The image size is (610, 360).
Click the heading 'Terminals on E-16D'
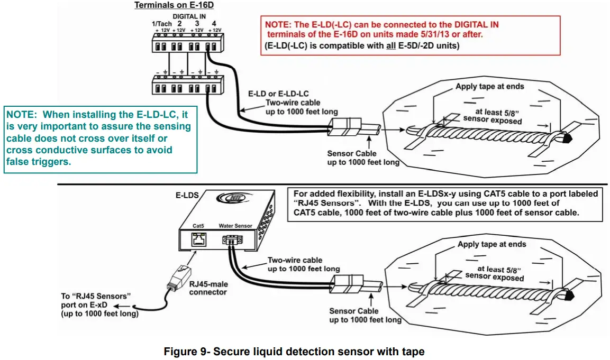coord(169,5)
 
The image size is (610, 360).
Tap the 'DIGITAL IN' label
coord(189,16)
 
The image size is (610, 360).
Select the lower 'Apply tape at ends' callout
coord(492,244)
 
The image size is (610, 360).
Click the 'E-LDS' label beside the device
coord(187,195)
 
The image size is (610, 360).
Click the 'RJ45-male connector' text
coord(207,288)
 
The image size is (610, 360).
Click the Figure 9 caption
coord(294,352)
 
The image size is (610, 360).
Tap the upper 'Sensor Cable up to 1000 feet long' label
coord(363,158)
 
